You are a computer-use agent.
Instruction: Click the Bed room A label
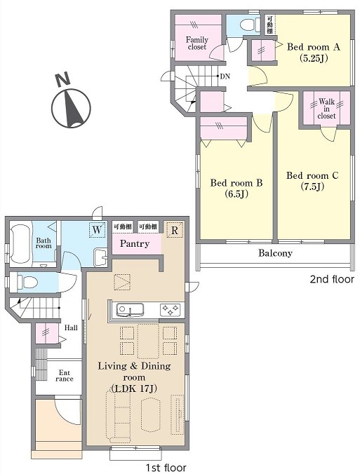(314, 52)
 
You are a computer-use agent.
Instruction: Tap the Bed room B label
(236, 188)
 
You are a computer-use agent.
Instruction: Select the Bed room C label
(312, 181)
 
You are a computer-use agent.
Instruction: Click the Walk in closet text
(327, 109)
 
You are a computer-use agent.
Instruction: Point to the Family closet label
(197, 43)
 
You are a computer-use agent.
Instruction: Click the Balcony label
(275, 253)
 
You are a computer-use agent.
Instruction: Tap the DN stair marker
(225, 76)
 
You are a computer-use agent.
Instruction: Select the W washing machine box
(97, 230)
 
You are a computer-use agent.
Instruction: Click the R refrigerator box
(175, 231)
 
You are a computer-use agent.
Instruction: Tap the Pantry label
(135, 243)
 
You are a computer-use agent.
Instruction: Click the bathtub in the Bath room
(20, 243)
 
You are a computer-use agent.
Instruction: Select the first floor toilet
(27, 283)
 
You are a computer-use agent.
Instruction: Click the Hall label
(71, 327)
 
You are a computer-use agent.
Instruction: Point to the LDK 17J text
(134, 388)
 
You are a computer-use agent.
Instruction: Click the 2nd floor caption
(332, 279)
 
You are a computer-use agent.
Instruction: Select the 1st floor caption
(166, 468)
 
